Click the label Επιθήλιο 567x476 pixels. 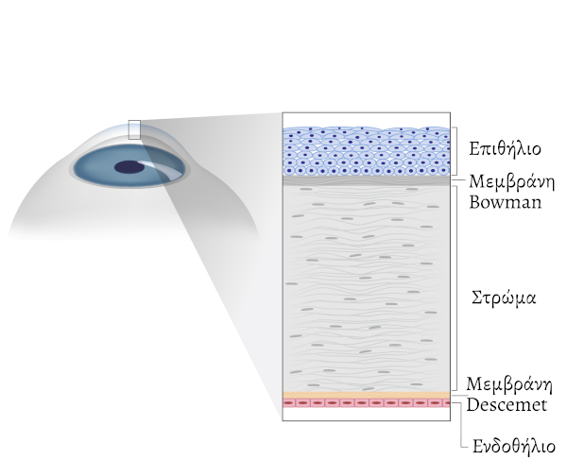505,149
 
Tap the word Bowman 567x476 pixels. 506,202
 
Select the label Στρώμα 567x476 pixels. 504,298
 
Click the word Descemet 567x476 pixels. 507,404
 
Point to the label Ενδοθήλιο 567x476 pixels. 514,446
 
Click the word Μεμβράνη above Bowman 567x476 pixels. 511,181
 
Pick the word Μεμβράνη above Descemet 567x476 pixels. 509,383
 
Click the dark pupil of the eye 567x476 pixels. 129,167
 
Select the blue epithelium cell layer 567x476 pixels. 367,151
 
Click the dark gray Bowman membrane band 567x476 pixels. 367,180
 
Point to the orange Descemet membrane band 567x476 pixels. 367,396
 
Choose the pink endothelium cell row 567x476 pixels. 367,403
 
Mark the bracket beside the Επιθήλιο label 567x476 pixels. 456,151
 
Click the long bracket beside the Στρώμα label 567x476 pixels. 456,288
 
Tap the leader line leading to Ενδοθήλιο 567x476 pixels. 460,425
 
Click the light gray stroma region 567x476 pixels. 367,288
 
